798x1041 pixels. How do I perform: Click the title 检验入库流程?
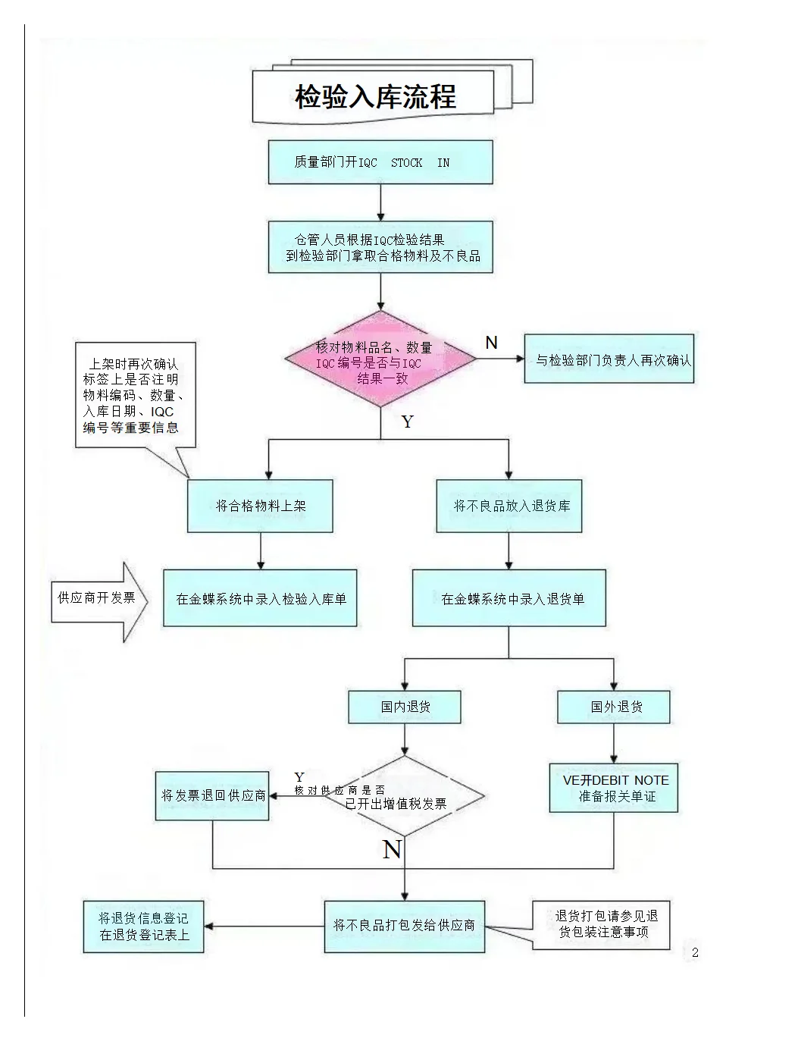(375, 97)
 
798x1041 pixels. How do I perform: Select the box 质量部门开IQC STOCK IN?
(380, 162)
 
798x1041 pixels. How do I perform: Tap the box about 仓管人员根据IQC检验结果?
(380, 247)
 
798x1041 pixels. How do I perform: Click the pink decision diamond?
(380, 360)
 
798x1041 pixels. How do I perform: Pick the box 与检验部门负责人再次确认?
(609, 359)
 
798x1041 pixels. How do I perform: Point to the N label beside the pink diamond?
(491, 343)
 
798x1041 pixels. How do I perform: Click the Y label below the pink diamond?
(407, 422)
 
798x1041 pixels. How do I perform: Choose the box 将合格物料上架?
(260, 506)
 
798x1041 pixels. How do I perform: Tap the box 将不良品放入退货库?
(509, 506)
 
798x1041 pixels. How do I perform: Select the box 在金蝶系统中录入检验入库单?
(260, 599)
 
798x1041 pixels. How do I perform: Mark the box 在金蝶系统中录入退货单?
(509, 599)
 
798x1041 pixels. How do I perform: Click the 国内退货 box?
(405, 707)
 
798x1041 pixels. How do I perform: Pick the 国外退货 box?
(614, 707)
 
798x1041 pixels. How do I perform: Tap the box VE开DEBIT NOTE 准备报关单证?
(614, 789)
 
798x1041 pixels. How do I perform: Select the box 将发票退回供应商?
(212, 796)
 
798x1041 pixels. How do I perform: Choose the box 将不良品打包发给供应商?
(405, 926)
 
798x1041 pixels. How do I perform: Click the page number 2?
(695, 953)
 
